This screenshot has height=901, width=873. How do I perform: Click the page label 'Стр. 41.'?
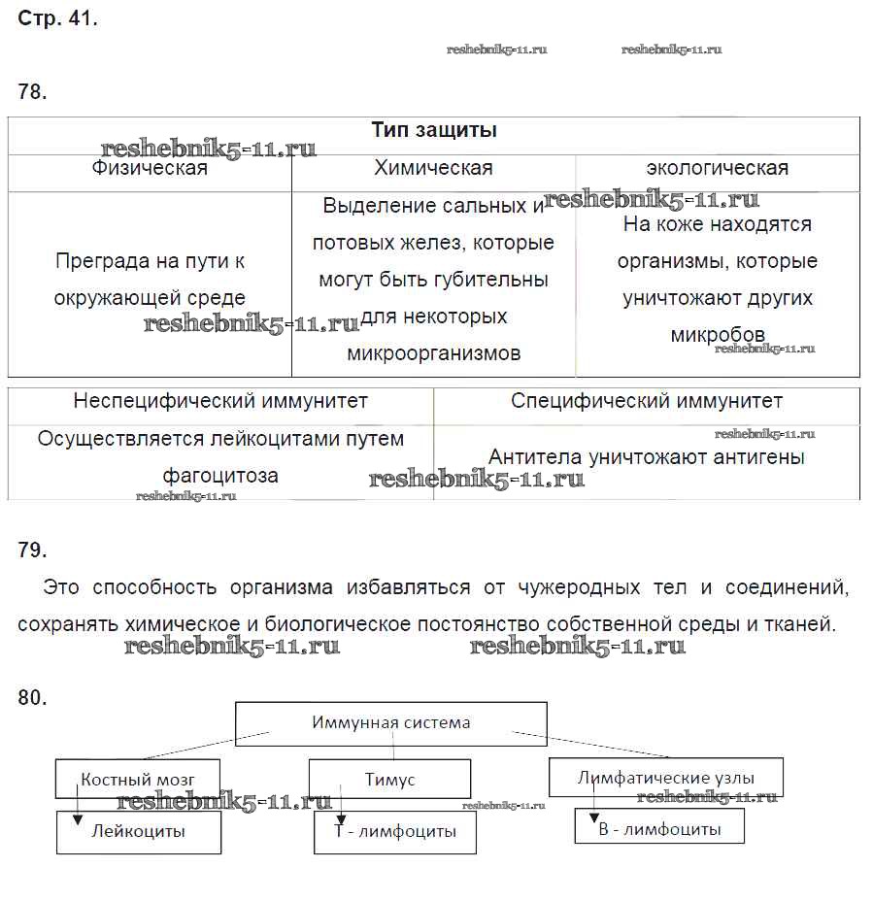pyautogui.click(x=57, y=18)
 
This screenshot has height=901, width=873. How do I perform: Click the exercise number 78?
pyautogui.click(x=32, y=93)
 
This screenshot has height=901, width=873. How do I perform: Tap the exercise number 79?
pyautogui.click(x=32, y=551)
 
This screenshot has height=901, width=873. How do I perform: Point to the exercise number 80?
pyautogui.click(x=32, y=697)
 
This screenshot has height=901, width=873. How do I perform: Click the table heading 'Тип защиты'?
pyautogui.click(x=434, y=130)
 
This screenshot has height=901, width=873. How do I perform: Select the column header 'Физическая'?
pyautogui.click(x=150, y=169)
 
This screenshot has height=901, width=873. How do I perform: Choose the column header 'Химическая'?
pyautogui.click(x=433, y=168)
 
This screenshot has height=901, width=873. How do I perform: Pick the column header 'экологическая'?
pyautogui.click(x=717, y=168)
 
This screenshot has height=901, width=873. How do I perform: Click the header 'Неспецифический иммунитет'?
pyautogui.click(x=220, y=401)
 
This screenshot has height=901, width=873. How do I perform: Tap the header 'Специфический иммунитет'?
pyautogui.click(x=647, y=401)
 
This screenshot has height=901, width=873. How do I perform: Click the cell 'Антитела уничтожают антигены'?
pyautogui.click(x=647, y=456)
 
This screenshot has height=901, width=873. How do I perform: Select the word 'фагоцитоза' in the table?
pyautogui.click(x=220, y=476)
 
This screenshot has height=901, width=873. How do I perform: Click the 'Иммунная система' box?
pyautogui.click(x=391, y=723)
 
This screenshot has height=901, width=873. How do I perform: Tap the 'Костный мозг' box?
pyautogui.click(x=138, y=780)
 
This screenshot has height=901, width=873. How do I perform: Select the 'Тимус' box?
pyautogui.click(x=389, y=780)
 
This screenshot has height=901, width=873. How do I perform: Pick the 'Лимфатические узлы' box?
pyautogui.click(x=665, y=778)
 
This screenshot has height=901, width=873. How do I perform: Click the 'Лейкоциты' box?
pyautogui.click(x=139, y=832)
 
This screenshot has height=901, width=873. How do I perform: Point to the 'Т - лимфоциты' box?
pyautogui.click(x=395, y=833)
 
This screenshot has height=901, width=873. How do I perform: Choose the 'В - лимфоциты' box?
pyautogui.click(x=659, y=829)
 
